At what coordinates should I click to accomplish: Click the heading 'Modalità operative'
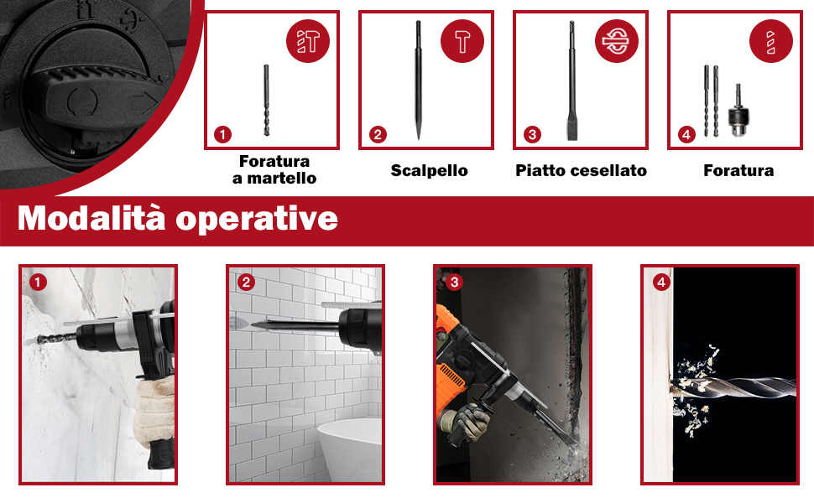(178, 218)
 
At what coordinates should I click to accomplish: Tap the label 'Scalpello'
(430, 171)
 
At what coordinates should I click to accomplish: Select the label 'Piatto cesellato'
(581, 171)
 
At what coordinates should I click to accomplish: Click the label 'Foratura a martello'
(274, 169)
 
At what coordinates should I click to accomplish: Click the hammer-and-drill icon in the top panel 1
(308, 41)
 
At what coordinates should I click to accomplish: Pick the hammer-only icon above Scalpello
(462, 41)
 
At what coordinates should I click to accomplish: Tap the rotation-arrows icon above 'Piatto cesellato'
(616, 41)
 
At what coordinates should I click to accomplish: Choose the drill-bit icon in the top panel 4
(771, 41)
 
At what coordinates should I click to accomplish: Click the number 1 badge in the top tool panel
(222, 135)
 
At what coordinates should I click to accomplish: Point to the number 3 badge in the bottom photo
(454, 282)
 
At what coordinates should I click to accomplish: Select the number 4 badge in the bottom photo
(661, 282)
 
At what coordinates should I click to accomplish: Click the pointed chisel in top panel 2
(419, 80)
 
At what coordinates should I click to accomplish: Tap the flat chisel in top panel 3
(571, 80)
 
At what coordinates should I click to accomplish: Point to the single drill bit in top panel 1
(266, 100)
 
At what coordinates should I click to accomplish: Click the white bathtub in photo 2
(350, 449)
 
